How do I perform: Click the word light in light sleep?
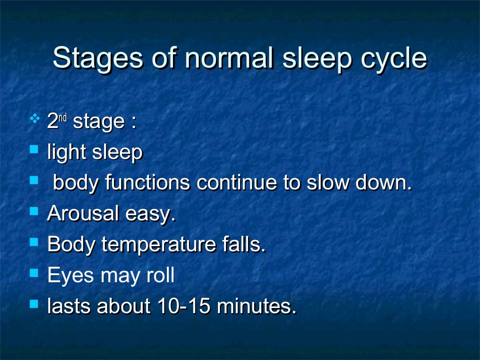66,153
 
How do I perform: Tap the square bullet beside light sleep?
33,150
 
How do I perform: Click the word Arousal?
83,213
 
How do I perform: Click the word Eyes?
68,276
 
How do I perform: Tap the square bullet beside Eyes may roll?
33,272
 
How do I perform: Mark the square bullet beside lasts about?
33,303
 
